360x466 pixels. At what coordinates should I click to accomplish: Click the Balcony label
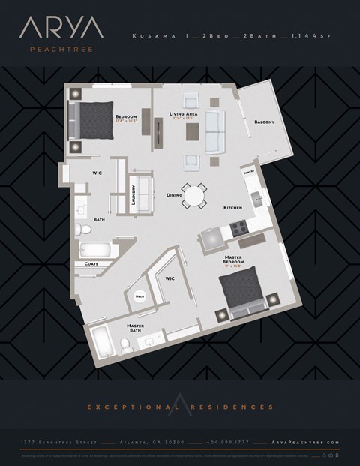(x=263, y=122)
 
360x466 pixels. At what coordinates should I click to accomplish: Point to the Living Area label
(x=182, y=114)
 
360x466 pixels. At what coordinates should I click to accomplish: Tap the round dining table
(x=194, y=197)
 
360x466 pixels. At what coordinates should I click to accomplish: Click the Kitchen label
(x=232, y=207)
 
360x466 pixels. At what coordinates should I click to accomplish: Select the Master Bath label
(x=135, y=327)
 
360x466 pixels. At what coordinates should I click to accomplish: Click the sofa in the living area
(x=215, y=131)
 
